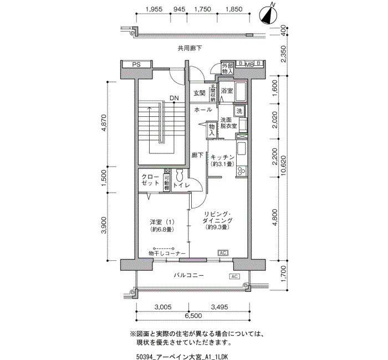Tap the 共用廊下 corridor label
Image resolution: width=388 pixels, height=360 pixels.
coord(190,48)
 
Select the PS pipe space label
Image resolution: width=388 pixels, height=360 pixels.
coord(136,65)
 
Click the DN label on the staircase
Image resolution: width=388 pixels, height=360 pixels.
coord(174,98)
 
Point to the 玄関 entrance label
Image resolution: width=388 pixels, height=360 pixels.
coord(199,93)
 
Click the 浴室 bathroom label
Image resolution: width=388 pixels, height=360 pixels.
coord(227,91)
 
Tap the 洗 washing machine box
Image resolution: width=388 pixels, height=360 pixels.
coord(239,111)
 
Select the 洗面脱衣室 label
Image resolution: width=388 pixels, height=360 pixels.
coord(228,123)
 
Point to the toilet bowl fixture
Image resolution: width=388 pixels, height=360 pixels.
coord(179,176)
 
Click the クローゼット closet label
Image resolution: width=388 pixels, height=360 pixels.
coord(150,180)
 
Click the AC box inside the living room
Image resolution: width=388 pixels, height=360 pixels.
coord(223,253)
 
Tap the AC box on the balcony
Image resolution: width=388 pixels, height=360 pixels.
coord(234,276)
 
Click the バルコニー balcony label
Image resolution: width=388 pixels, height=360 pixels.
coord(188,275)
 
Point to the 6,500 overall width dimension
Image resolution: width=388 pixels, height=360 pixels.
coord(193,316)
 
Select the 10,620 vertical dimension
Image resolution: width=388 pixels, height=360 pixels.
coord(284,166)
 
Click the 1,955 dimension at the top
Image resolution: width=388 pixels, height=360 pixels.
coord(154,9)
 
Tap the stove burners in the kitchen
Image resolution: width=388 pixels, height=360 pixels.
coord(241,171)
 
